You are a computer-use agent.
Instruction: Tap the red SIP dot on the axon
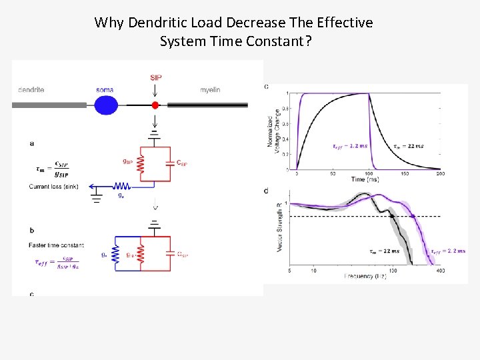coord(155,105)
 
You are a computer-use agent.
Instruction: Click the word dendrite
coord(31,90)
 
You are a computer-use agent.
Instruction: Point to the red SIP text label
coord(155,77)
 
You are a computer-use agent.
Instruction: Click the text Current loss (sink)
coord(53,187)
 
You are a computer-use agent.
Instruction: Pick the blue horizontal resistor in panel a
coord(121,186)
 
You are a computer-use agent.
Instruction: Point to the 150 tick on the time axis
coord(405,173)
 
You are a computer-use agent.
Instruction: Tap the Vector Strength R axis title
coord(279,226)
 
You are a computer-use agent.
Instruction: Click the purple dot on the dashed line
coord(413,216)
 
